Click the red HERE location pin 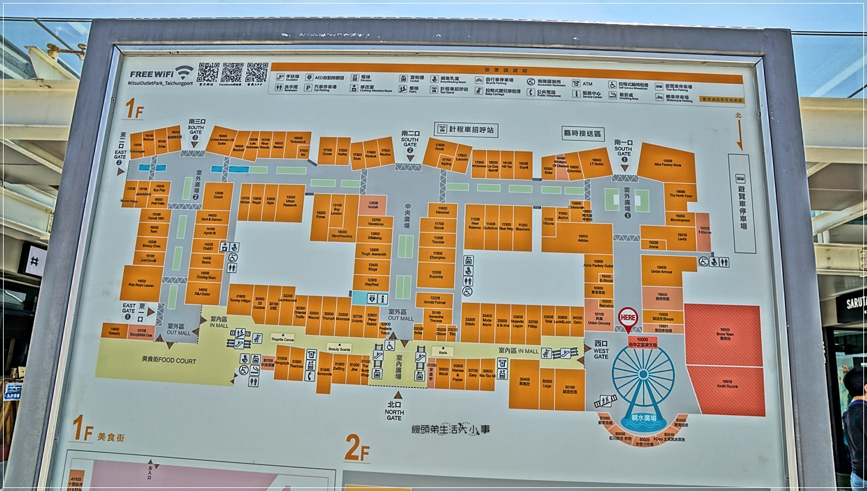click(628, 318)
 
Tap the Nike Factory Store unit click(667, 163)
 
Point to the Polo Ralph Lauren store click(142, 283)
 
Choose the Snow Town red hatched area click(724, 334)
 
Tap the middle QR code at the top click(232, 72)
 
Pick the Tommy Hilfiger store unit click(240, 299)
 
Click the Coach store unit click(218, 196)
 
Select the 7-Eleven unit click(703, 232)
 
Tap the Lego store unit click(547, 389)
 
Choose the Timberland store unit click(298, 144)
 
